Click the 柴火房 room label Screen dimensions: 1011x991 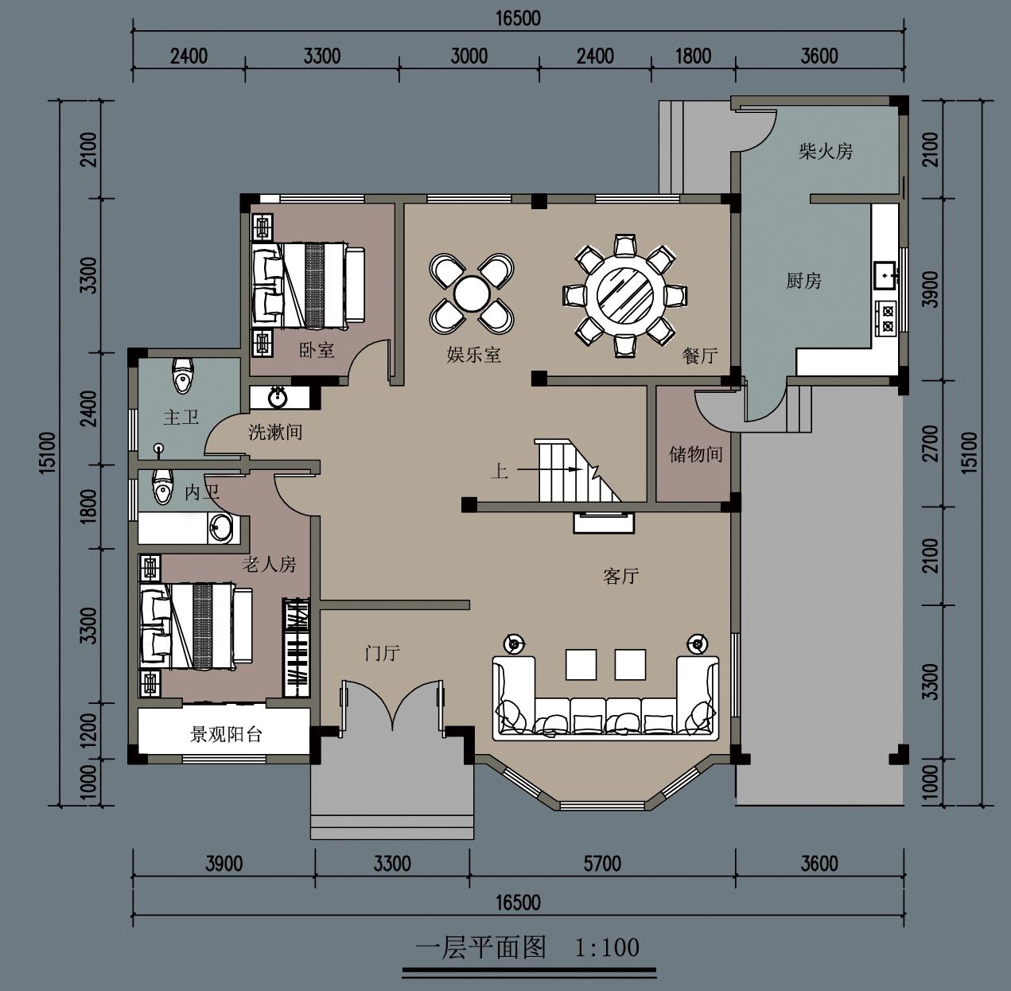coord(826,152)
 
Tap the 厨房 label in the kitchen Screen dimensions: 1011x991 coord(803,281)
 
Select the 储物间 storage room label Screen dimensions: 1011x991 coord(696,454)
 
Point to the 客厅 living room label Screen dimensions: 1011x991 coord(620,577)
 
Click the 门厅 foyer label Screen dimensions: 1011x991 coord(383,653)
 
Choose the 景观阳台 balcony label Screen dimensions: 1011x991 coord(226,735)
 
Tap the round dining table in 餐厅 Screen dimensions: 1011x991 coord(624,296)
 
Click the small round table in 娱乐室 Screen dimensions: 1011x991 coord(472,293)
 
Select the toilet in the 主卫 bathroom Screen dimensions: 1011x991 coord(183,375)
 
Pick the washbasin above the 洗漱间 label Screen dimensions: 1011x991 coord(277,397)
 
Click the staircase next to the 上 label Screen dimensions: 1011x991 coord(576,471)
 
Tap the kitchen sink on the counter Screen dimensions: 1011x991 coord(886,275)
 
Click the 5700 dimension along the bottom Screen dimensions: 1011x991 coord(602,864)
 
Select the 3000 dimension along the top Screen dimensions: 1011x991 coord(469,56)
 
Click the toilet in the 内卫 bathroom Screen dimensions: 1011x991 coord(162,487)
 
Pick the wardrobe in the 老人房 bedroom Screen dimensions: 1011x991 coord(297,647)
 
